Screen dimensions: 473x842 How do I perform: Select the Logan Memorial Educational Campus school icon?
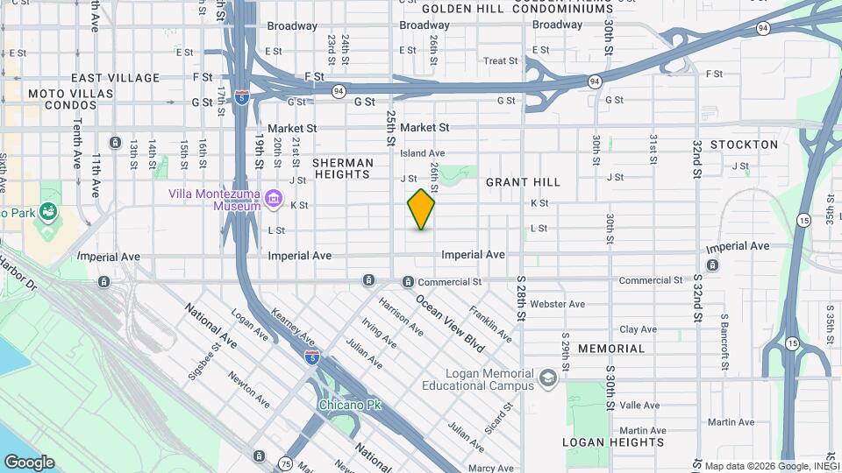[548, 378]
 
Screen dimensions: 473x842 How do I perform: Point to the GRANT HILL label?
[523, 182]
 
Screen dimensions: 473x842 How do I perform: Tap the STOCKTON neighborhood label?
[744, 145]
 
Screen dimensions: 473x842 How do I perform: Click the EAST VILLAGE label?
[116, 78]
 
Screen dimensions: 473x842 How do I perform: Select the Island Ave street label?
[423, 153]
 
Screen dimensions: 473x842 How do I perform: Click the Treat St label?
[501, 61]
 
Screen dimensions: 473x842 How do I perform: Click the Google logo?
[28, 462]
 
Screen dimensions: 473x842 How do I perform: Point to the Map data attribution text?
[772, 466]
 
